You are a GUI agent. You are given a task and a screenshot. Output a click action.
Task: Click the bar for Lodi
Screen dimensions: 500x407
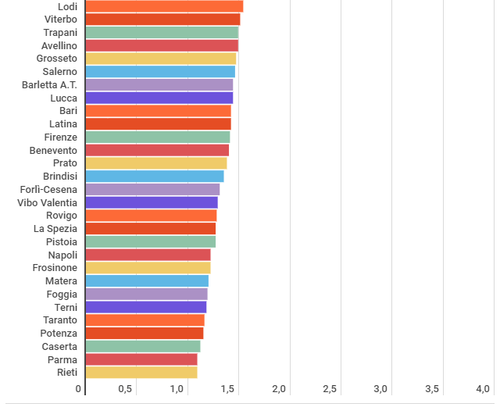[x=164, y=6]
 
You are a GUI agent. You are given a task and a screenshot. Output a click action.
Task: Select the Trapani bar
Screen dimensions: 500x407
[x=162, y=33]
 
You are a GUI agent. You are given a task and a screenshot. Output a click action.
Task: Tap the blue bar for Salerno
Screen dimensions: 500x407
[x=160, y=71]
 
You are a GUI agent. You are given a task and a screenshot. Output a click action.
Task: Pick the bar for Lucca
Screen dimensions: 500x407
[x=159, y=98]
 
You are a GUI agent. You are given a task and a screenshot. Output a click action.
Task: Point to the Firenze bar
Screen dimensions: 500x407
[x=158, y=137]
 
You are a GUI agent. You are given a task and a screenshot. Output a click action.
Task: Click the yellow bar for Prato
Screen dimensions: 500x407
[x=156, y=163]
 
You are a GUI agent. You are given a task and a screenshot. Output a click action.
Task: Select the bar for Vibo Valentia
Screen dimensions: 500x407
[x=152, y=202]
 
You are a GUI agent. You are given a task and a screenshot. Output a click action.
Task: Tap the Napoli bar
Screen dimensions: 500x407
[x=148, y=255]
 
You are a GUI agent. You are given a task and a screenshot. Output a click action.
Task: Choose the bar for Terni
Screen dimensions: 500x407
[x=146, y=307]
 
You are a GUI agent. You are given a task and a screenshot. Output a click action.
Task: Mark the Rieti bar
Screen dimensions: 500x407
[x=141, y=372]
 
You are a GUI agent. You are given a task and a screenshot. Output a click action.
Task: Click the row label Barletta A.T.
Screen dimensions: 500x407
[x=49, y=85]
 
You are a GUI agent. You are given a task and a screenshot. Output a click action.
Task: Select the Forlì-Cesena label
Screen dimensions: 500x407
[x=48, y=190]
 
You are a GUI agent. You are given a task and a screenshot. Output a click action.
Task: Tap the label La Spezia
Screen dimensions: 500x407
[x=55, y=229]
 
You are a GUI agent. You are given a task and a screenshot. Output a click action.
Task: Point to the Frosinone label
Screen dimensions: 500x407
[x=55, y=268]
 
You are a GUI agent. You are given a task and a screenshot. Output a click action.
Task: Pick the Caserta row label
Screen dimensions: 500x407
[x=59, y=346]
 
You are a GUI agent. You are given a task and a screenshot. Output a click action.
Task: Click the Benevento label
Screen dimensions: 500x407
[x=53, y=150]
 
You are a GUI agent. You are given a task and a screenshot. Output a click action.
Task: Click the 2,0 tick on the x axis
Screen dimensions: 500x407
[x=279, y=389]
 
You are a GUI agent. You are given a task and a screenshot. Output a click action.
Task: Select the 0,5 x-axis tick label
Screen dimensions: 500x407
[x=125, y=389]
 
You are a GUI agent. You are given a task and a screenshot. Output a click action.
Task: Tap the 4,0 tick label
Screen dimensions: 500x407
[x=483, y=389]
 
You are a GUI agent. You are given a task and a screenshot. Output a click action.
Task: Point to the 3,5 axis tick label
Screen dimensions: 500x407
[x=432, y=389]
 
